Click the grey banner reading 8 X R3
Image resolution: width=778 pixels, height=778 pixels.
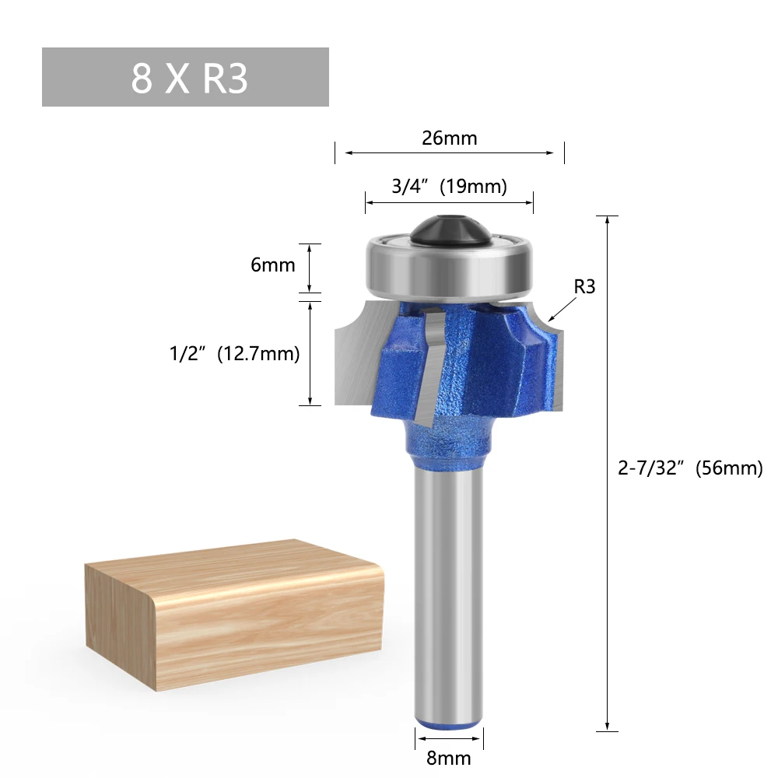point(185,77)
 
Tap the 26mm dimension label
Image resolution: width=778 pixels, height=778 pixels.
point(450,138)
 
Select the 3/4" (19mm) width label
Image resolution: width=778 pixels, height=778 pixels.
point(450,186)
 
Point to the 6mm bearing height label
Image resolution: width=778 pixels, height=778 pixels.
point(273,265)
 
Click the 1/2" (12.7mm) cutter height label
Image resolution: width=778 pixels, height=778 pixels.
point(235,354)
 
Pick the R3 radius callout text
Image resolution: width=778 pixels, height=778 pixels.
point(584,286)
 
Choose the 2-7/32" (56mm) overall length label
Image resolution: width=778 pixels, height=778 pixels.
point(690,468)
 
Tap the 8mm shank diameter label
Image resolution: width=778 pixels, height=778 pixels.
point(449,758)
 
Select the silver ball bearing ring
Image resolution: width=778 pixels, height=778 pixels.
point(450,271)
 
